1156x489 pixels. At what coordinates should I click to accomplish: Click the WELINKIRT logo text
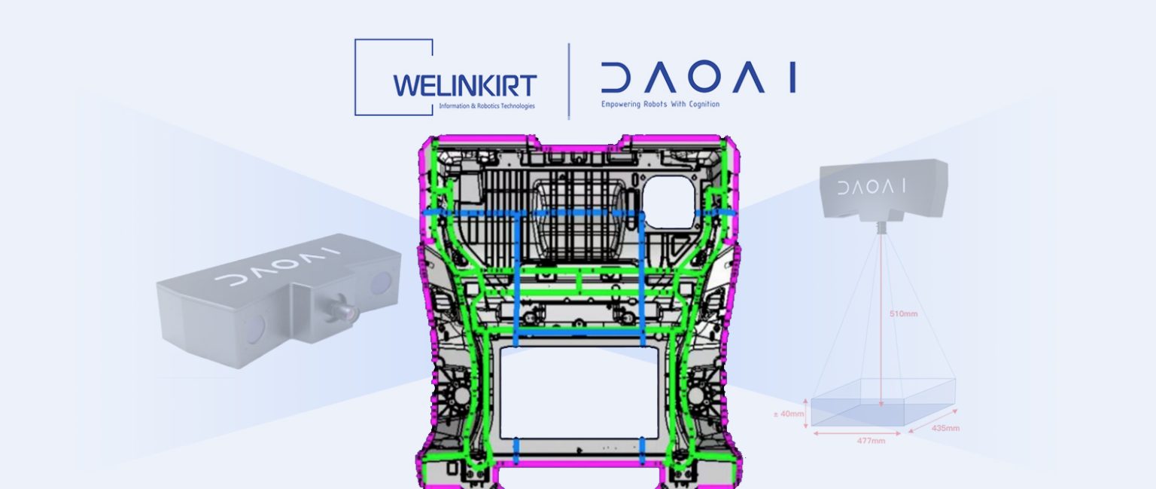464,86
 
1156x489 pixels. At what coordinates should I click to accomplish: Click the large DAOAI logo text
698,78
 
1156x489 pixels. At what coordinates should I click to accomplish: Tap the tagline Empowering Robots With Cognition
660,104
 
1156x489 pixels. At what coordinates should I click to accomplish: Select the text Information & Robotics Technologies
487,106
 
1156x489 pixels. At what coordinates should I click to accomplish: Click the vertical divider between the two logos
569,81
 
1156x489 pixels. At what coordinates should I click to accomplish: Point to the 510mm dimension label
903,313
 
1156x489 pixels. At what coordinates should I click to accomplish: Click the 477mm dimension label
871,441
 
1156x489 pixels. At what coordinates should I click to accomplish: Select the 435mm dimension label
945,428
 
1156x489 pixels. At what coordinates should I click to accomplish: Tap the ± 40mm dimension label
789,414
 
